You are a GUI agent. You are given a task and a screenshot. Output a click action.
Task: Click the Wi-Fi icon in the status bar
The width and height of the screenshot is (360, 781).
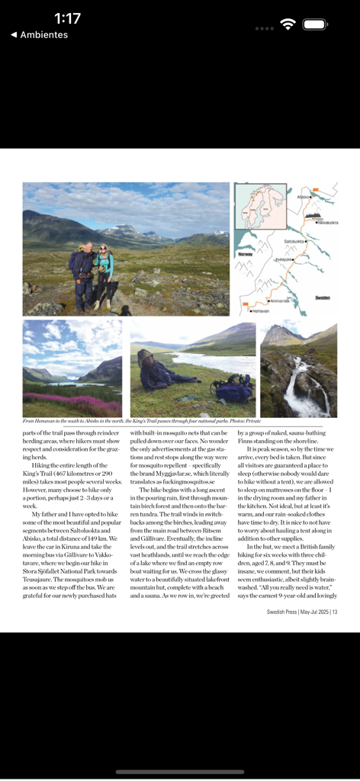click(288, 24)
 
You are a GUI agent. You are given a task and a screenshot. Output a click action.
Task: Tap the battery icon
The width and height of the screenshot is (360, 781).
click(315, 24)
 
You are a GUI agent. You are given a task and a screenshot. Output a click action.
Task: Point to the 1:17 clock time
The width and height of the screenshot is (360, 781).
click(67, 18)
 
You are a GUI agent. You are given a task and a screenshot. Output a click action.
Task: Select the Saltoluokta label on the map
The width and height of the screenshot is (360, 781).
click(294, 241)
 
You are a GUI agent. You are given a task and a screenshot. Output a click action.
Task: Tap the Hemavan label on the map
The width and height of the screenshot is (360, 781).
click(257, 310)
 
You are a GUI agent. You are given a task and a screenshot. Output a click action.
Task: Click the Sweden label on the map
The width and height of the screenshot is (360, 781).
click(323, 297)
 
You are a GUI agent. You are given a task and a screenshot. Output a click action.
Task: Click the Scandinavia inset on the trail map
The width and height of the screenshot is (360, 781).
click(260, 207)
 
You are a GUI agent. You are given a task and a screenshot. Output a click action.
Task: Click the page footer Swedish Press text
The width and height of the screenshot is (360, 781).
click(302, 612)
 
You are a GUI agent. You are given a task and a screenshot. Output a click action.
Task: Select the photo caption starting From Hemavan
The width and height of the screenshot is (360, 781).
click(141, 420)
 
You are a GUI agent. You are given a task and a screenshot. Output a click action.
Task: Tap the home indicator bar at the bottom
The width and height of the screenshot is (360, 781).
click(180, 772)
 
